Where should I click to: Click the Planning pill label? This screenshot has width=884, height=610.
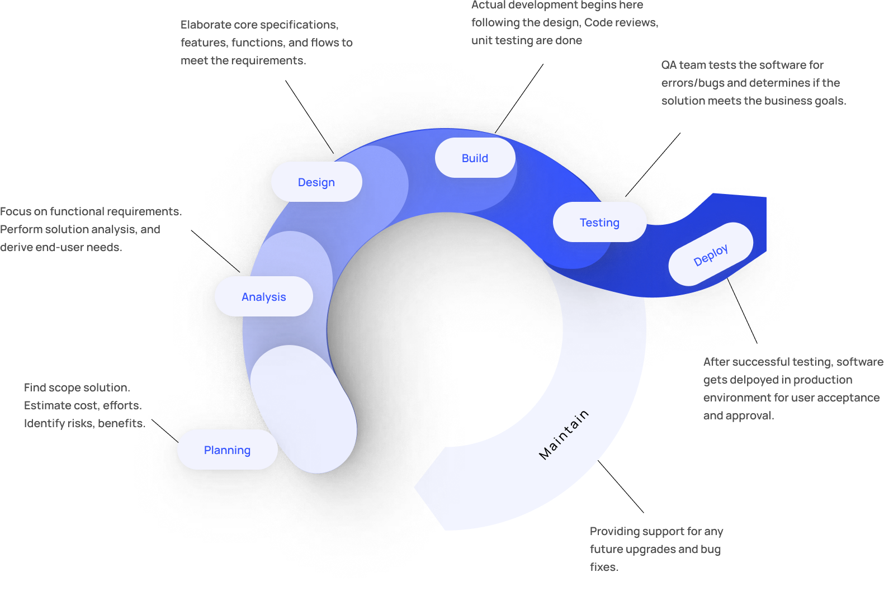pos(227,450)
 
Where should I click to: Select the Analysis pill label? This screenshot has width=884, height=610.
pos(263,297)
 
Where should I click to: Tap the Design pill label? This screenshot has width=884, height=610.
pos(316,182)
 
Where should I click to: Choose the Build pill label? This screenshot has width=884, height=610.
pos(475,158)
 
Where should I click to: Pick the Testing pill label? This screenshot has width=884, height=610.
pos(599,223)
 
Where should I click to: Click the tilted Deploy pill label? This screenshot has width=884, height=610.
pos(711,255)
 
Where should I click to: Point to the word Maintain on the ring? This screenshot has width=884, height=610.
pos(564,434)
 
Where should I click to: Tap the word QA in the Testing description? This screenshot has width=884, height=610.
pos(669,65)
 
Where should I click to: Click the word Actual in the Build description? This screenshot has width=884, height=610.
pos(488,6)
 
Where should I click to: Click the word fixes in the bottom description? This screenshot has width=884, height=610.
pos(603,568)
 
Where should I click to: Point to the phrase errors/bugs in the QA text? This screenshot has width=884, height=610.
pos(693,83)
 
